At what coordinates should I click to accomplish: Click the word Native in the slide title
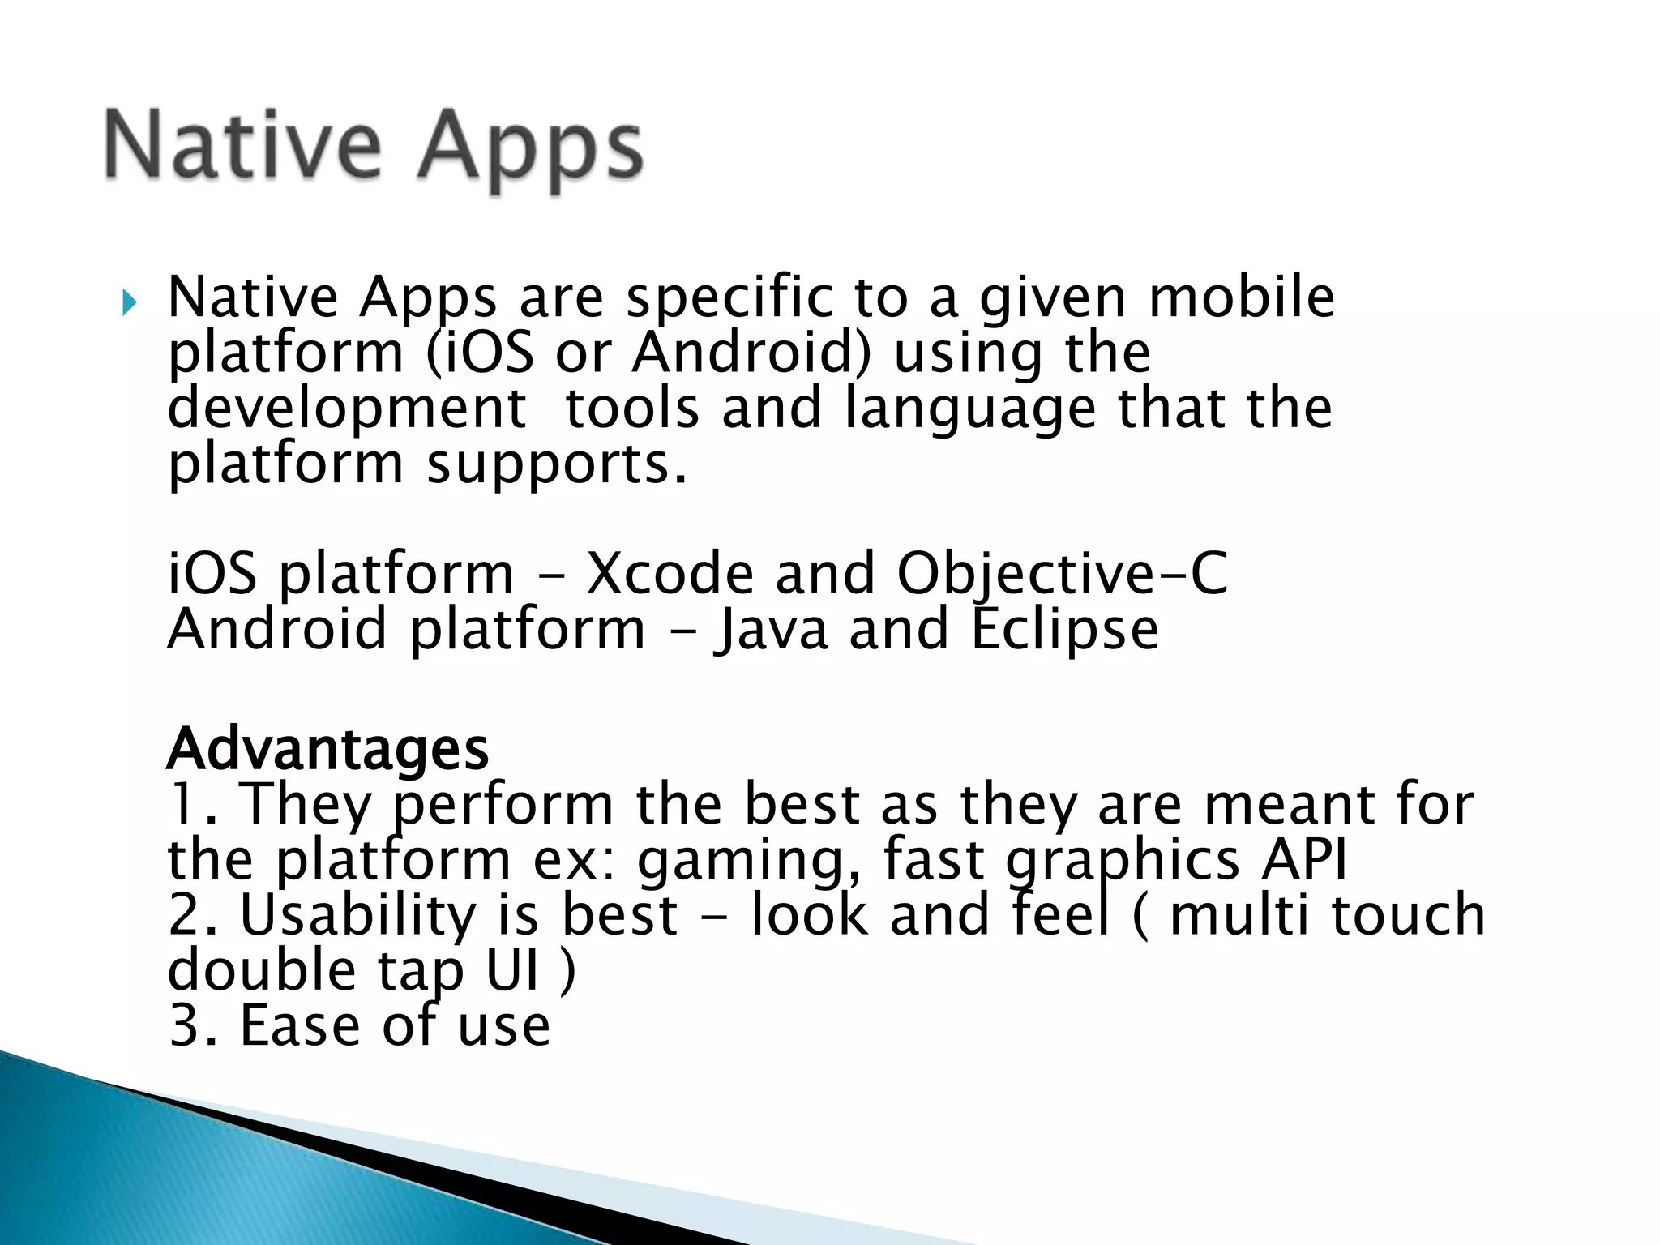242,146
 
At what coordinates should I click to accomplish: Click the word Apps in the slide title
531,151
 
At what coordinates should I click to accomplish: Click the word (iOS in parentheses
479,353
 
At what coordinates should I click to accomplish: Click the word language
970,409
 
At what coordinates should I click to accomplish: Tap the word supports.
557,465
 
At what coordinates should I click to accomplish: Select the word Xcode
669,574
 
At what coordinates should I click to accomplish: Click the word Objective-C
1062,574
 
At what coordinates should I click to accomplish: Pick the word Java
771,630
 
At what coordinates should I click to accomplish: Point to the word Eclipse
1064,630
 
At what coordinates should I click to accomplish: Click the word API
1303,859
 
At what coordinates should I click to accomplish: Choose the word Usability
357,915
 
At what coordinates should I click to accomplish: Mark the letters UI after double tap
512,969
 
